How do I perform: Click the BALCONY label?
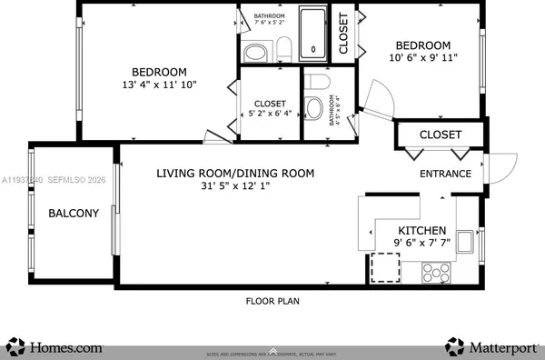(x=73, y=214)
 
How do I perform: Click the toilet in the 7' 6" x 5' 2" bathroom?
(x=282, y=48)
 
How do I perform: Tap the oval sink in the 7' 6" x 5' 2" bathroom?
(x=256, y=52)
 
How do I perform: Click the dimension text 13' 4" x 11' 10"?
(x=160, y=85)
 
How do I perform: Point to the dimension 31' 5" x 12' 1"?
(x=223, y=186)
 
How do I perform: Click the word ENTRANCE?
(x=444, y=174)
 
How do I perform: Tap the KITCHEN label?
(x=422, y=231)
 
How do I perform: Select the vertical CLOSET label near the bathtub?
(x=343, y=36)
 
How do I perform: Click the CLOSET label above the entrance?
(x=440, y=135)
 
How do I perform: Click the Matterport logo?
(x=490, y=345)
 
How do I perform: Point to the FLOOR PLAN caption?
(x=272, y=301)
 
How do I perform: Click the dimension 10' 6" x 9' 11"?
(x=422, y=58)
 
